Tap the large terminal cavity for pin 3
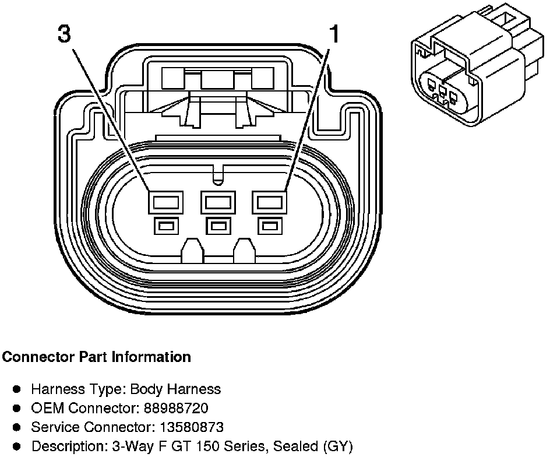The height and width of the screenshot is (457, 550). (167, 203)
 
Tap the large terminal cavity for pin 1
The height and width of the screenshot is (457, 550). (270, 203)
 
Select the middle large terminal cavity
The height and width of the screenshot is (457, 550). (218, 203)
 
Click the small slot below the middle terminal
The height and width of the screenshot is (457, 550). (218, 225)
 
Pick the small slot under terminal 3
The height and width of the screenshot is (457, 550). (167, 225)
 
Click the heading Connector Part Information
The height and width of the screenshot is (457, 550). (97, 357)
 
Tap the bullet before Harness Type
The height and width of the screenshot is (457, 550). (17, 388)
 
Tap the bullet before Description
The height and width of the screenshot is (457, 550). (17, 447)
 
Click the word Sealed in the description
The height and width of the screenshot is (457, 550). (292, 447)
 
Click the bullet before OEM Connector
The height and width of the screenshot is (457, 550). (17, 407)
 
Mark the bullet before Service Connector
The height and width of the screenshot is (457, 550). (17, 427)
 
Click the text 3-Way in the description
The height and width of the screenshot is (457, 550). (117, 447)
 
